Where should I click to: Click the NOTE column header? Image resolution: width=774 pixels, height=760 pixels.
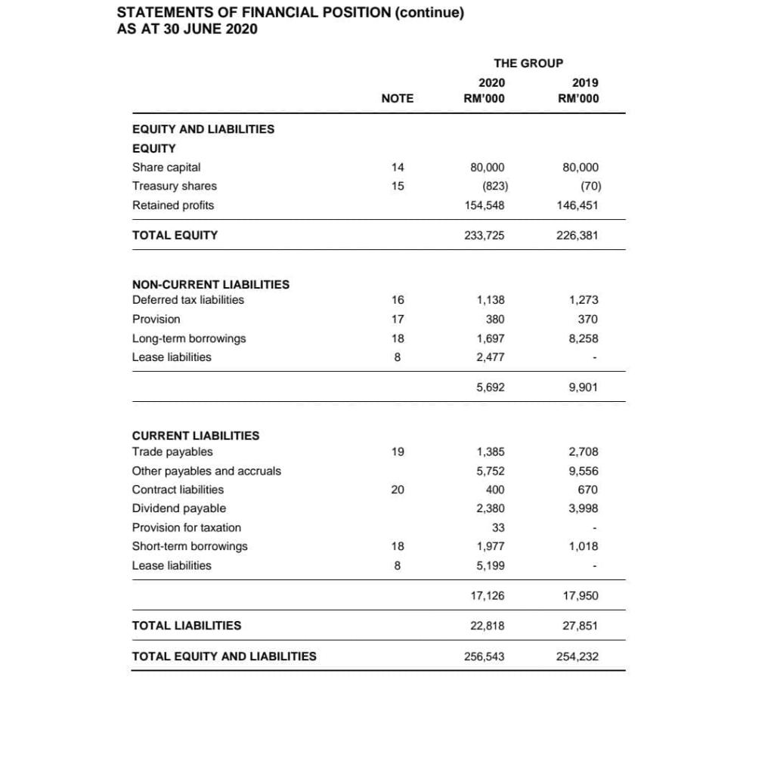point(397,98)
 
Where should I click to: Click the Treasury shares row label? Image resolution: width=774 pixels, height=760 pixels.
point(174,186)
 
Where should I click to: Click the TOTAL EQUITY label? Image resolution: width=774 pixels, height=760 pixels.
point(175,235)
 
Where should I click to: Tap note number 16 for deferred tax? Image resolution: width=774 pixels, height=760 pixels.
point(398,300)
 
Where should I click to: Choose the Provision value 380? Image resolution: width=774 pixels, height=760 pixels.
point(495,319)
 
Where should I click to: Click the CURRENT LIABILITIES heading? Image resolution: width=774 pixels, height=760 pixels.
point(195,435)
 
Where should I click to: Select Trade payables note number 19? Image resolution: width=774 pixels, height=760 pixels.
point(398,452)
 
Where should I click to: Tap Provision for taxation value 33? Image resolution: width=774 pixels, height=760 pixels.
point(498,527)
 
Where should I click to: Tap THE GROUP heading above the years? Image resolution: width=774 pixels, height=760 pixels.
point(528,63)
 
